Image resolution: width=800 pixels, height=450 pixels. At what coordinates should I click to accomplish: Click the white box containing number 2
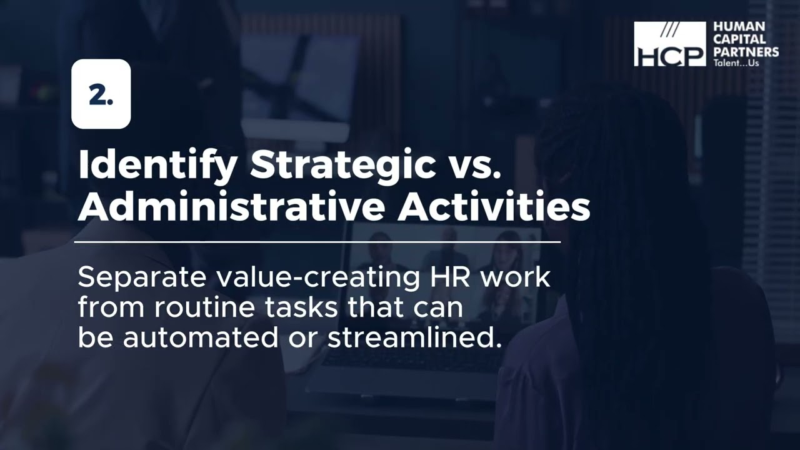click(x=101, y=94)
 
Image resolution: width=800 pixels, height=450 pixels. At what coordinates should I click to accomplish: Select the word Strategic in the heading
click(x=342, y=165)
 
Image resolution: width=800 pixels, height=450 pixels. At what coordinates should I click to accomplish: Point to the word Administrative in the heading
click(x=230, y=206)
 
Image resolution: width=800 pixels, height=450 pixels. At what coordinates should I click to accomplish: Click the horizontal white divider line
click(x=317, y=241)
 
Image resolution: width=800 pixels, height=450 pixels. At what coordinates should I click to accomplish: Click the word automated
click(x=200, y=337)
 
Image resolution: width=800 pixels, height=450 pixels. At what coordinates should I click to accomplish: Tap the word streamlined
click(x=414, y=337)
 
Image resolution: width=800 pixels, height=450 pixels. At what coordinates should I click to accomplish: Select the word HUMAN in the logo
click(x=739, y=27)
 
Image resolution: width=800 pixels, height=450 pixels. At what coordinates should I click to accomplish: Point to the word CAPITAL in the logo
click(x=739, y=39)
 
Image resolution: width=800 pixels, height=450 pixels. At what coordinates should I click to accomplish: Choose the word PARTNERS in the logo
click(x=746, y=52)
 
